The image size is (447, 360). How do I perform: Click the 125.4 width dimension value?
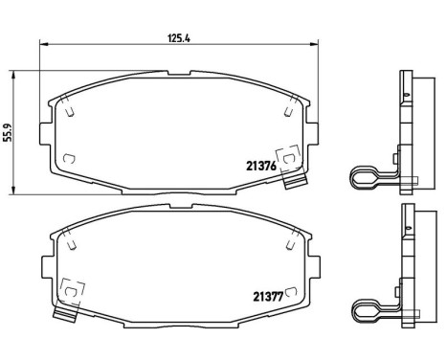178,39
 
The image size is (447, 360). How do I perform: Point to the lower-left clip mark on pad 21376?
67,158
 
